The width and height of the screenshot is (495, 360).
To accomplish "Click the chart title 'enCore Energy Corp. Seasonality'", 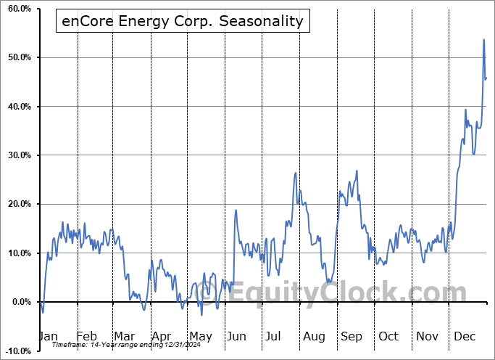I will coord(183,21).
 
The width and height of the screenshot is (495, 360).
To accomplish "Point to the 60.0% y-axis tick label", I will coord(17,9).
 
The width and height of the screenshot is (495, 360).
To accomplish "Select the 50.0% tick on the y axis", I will coord(17,57).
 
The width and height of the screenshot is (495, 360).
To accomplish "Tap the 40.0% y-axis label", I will coord(17,107).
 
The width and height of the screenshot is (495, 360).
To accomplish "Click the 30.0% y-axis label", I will coord(17,155).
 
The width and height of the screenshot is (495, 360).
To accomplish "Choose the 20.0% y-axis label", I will coord(17,204).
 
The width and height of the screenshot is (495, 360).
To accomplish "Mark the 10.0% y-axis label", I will coord(17,253).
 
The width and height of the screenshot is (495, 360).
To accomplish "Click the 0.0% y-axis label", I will coord(18,302).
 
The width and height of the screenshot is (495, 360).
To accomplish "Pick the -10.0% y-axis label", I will coord(15,351).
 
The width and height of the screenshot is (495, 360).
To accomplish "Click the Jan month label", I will coord(48,336).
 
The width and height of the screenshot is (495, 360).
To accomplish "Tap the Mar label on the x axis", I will coord(124,336).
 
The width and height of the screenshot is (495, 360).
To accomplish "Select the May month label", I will coord(201,336).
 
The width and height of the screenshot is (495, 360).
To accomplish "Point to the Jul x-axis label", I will coord(274,336).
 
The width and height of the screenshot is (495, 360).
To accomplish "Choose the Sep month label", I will coord(351,336).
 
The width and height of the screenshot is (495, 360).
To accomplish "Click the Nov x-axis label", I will coord(428,336).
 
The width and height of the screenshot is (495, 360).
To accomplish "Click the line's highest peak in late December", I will coord(483,40).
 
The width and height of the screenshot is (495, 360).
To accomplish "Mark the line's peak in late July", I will coord(296,173).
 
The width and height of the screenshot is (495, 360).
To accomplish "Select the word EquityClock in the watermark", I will coord(362,294).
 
